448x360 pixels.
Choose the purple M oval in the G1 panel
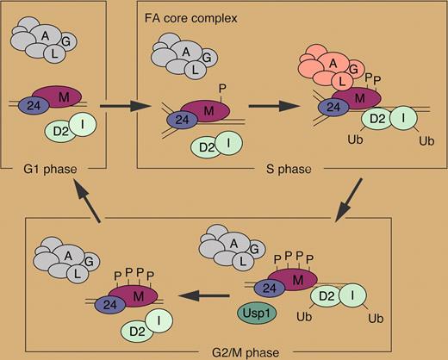(x=63, y=96)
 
